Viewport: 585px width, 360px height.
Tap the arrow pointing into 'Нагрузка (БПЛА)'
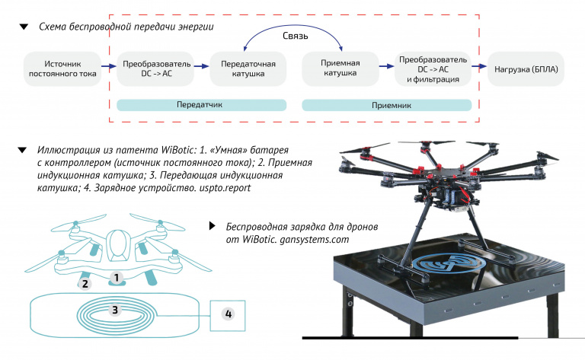[479, 67]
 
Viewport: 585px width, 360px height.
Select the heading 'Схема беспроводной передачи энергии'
[126, 27]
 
